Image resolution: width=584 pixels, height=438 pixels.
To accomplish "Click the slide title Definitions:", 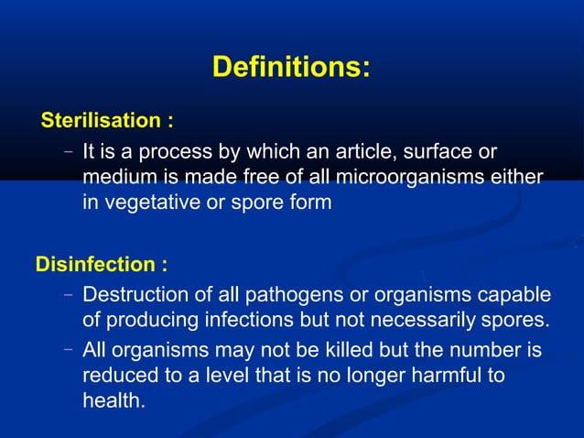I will (291, 68).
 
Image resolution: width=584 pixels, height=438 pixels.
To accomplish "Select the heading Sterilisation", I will (107, 120).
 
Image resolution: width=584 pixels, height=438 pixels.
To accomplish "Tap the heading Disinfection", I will (101, 265).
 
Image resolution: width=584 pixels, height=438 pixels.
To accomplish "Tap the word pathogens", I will (273, 295).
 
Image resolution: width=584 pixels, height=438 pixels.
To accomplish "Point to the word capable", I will (518, 295).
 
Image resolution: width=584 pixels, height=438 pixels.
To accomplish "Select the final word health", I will (114, 401).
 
